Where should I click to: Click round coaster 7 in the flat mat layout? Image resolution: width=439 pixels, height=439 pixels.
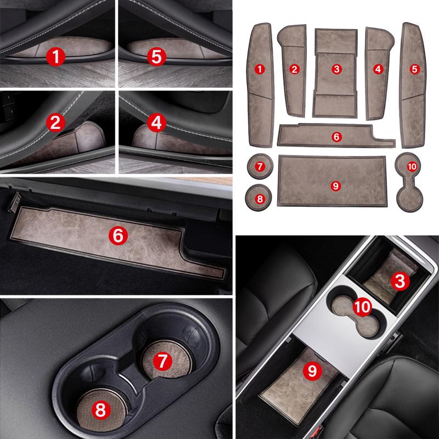260,166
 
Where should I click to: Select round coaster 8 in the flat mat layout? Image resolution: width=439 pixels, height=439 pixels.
258,198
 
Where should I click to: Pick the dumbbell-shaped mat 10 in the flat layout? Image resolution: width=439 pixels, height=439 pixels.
409,182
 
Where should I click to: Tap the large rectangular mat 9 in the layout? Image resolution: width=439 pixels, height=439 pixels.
333,182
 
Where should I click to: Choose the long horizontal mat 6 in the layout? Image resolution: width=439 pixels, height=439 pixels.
336,135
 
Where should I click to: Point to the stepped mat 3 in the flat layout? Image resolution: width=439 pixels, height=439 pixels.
335,73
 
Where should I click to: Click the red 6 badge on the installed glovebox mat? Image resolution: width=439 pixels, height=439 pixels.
118,235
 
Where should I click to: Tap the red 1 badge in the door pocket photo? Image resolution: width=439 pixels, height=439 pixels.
56,57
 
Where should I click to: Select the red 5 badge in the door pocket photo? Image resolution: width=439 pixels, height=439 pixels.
156,57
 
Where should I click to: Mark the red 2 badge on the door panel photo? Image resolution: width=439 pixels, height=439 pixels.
56,122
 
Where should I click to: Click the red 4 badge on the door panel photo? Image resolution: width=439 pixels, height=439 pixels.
156,122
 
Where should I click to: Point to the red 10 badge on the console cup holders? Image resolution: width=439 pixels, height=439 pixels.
362,307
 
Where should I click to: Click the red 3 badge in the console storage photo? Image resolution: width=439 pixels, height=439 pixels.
400,281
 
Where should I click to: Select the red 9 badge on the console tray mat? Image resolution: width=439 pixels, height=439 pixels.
312,371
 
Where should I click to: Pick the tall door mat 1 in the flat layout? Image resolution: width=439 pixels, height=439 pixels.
260,85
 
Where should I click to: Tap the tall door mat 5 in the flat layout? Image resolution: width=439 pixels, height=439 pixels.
414,85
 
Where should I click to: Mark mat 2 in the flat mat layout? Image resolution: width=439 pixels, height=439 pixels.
293,71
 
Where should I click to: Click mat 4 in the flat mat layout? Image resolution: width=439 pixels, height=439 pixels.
379,74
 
